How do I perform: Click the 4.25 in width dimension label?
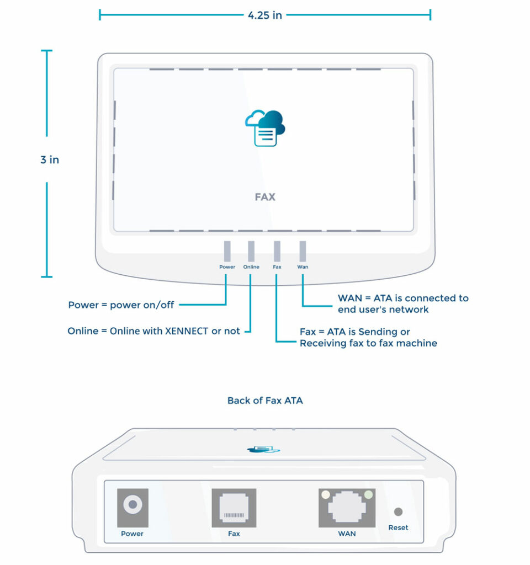click(x=265, y=15)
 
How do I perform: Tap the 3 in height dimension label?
click(x=50, y=160)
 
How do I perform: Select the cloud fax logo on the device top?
click(x=265, y=127)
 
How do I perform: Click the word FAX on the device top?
click(x=265, y=197)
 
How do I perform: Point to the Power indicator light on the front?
click(x=227, y=251)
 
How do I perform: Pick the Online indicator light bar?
click(x=251, y=251)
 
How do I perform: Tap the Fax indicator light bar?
click(x=277, y=251)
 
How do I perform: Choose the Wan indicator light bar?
click(x=303, y=251)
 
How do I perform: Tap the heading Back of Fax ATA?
click(x=265, y=401)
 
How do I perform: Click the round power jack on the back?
click(x=132, y=504)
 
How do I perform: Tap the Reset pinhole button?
click(x=398, y=512)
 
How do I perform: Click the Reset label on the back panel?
click(x=398, y=527)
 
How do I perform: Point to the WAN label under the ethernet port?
click(x=347, y=534)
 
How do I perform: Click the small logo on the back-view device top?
click(x=263, y=450)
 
